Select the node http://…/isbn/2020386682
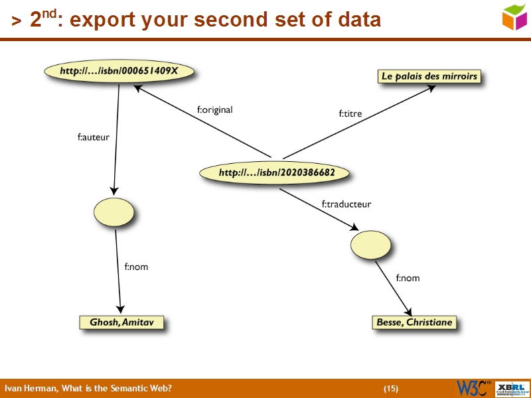click(276, 173)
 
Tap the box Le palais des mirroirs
click(429, 76)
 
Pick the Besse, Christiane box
click(414, 322)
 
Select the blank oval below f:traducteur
click(371, 245)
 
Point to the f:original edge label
click(214, 110)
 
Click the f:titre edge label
click(350, 113)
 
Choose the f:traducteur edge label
click(346, 204)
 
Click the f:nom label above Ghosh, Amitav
click(136, 267)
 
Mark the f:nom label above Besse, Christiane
click(408, 278)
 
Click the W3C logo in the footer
click(473, 388)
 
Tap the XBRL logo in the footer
click(512, 388)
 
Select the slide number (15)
click(391, 388)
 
